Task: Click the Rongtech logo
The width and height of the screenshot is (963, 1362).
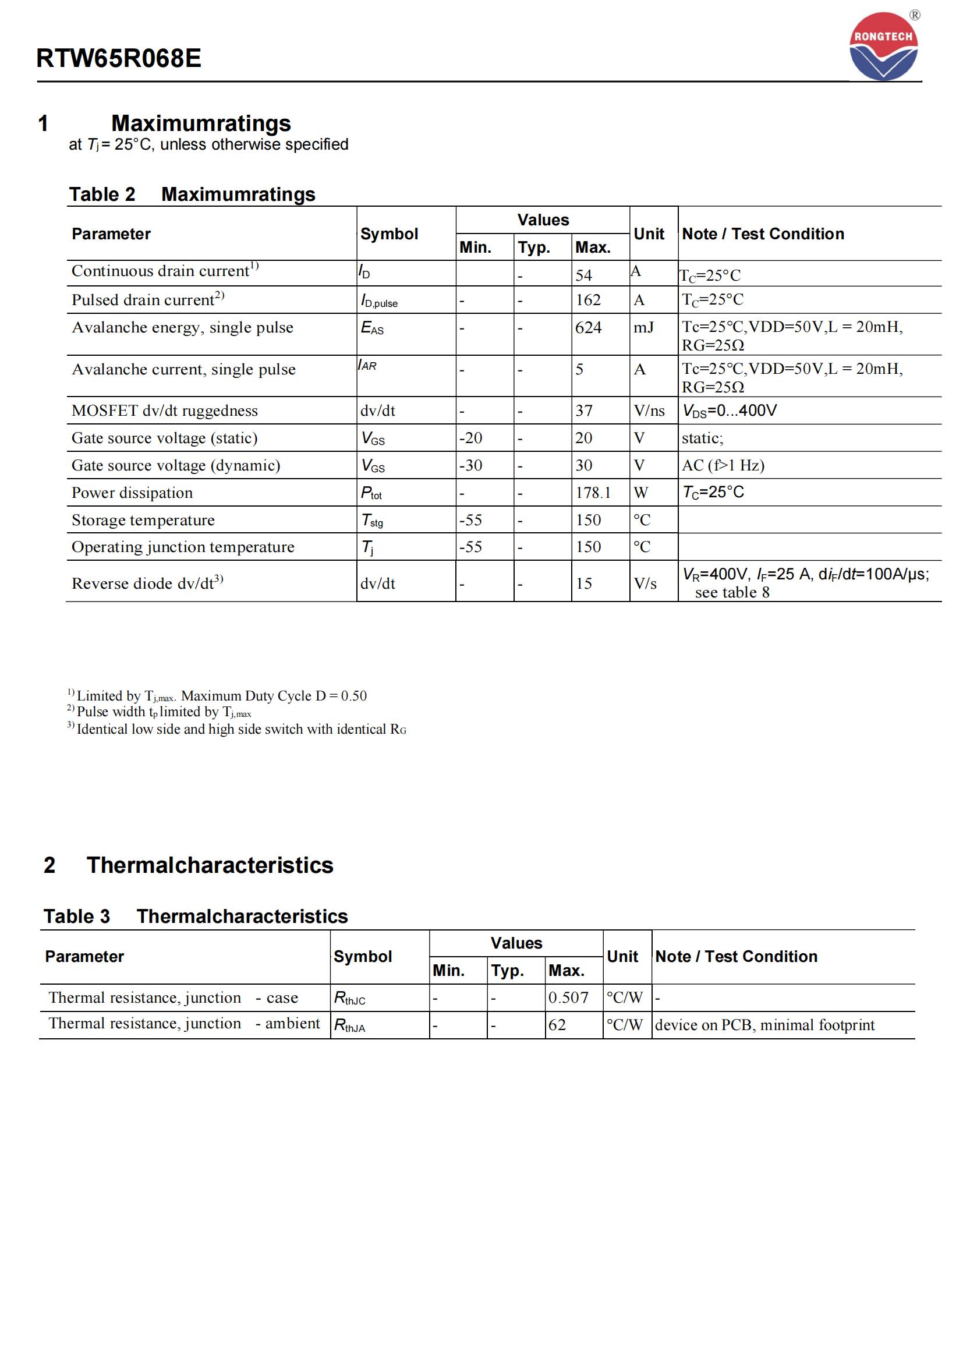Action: [x=884, y=46]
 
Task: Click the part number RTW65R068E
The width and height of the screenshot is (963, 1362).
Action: [x=119, y=58]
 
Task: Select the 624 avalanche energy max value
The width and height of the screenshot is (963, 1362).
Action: [x=588, y=327]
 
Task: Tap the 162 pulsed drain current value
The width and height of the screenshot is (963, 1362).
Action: [x=588, y=300]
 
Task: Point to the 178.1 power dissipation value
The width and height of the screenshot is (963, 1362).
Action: [x=593, y=493]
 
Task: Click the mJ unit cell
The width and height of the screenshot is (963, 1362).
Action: [x=643, y=327]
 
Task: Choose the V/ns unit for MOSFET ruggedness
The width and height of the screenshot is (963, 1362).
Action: [x=649, y=411]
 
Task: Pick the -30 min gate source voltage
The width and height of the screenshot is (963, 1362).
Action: [x=471, y=466]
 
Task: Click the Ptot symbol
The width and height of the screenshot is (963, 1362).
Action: [x=372, y=493]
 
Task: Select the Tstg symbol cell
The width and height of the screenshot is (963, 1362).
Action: [x=373, y=520]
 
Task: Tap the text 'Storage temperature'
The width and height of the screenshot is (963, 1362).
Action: [x=143, y=520]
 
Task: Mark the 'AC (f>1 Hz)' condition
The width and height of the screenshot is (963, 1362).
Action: [x=723, y=466]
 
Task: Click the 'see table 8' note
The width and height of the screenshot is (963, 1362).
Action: [x=732, y=593]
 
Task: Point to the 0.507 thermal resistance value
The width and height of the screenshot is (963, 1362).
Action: [x=568, y=998]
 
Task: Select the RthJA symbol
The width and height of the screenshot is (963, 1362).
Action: [x=349, y=1025]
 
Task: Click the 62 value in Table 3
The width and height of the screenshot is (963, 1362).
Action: [x=557, y=1025]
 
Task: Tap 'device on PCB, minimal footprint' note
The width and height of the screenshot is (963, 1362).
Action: [x=764, y=1025]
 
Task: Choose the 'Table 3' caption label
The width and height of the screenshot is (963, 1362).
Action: [x=76, y=917]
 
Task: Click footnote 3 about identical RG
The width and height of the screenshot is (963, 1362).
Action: [x=237, y=729]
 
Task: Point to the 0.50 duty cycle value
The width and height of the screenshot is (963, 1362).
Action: [x=354, y=696]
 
